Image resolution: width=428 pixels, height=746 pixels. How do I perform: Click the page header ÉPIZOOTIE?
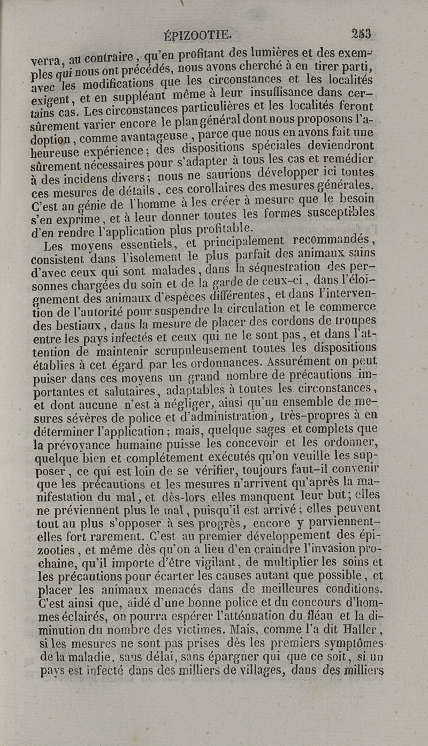(x=197, y=35)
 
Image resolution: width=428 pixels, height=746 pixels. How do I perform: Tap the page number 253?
(x=361, y=34)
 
